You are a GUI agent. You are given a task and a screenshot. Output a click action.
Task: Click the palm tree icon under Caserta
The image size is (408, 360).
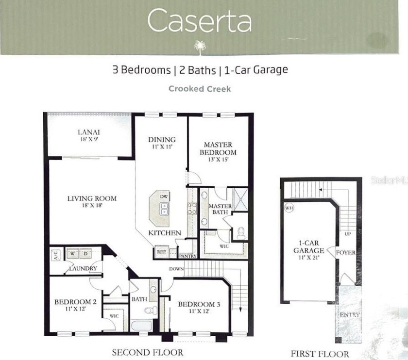click(200, 48)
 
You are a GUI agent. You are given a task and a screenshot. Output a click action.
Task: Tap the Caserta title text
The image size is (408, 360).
click(200, 21)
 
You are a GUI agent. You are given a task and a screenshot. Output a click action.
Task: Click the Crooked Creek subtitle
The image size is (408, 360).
click(200, 89)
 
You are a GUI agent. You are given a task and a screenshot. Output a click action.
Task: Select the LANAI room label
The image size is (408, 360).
click(89, 132)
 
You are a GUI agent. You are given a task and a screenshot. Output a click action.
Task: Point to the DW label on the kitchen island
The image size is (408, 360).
click(163, 196)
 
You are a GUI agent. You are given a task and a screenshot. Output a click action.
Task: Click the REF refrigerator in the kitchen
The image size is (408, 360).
click(162, 252)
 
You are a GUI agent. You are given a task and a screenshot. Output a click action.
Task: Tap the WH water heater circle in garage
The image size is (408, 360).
click(289, 208)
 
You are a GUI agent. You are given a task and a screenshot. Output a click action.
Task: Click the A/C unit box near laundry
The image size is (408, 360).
click(56, 255)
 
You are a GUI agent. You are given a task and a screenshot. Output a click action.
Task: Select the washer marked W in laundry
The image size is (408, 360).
click(72, 254)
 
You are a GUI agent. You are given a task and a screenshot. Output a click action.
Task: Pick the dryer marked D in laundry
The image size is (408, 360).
click(85, 254)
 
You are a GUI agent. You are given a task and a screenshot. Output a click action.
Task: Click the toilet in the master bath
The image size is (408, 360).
click(241, 233)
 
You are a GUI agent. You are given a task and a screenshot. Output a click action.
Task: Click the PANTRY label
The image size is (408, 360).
click(188, 256)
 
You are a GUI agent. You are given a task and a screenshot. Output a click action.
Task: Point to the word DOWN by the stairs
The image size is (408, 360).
click(176, 269)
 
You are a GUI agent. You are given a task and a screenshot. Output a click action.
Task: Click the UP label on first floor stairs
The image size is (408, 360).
click(348, 234)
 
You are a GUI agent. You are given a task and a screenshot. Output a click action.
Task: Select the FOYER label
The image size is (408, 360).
click(345, 252)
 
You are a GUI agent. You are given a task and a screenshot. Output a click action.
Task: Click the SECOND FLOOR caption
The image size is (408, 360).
click(148, 352)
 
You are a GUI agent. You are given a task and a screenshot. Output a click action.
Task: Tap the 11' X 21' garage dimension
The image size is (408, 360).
click(309, 258)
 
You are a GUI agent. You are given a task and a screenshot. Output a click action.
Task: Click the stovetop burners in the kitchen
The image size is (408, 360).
click(192, 209)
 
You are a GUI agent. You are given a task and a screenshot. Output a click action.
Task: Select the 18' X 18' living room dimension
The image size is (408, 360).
click(92, 205)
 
